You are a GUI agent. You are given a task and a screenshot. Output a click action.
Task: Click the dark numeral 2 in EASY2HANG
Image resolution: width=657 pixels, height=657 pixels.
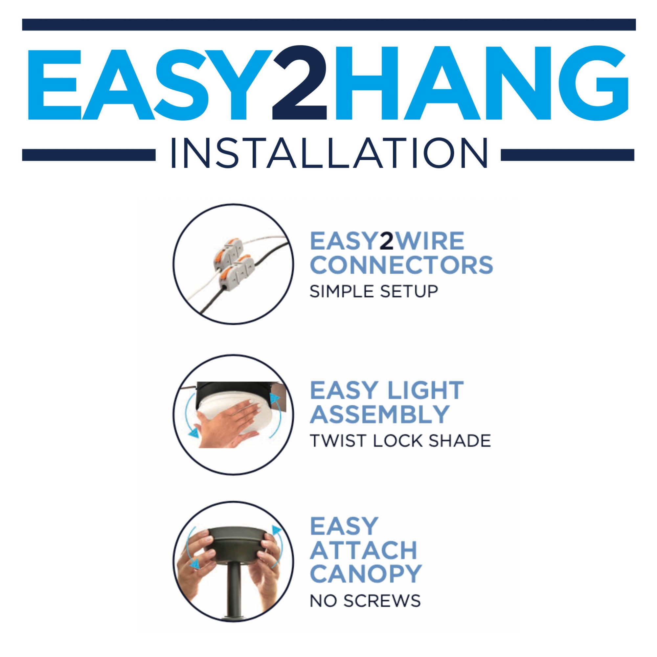(x=300, y=83)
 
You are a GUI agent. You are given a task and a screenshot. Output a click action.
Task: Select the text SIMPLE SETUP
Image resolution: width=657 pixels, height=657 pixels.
(x=374, y=291)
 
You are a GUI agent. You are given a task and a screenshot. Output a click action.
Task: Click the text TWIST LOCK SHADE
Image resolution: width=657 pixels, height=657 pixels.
(x=400, y=441)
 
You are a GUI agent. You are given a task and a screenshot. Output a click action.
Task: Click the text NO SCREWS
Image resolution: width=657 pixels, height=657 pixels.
(x=365, y=601)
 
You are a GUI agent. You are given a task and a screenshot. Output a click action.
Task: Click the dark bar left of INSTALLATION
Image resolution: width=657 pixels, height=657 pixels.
(x=89, y=155)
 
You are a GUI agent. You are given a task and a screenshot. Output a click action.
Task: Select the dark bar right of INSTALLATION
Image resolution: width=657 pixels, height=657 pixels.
(x=568, y=155)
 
